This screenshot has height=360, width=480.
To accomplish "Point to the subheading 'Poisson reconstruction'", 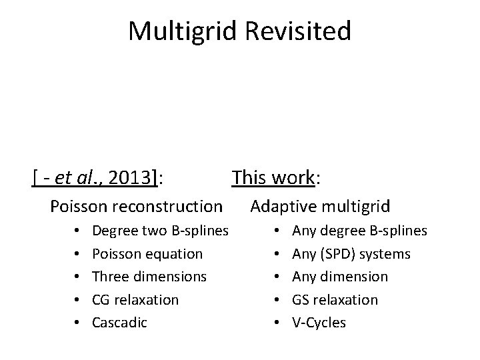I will (136, 207).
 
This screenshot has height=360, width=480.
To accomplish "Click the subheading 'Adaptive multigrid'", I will (321, 207).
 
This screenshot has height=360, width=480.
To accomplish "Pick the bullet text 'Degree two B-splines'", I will (161, 231).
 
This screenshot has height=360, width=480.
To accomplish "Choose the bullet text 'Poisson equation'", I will (147, 254).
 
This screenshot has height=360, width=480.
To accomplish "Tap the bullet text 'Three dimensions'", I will (149, 277).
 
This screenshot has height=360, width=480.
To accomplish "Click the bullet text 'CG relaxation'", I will (135, 300).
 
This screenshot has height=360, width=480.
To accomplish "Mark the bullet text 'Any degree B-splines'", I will (360, 231).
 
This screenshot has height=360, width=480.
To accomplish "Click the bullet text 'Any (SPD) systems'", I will (351, 254).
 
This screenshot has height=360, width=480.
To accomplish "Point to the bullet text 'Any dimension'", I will (340, 277).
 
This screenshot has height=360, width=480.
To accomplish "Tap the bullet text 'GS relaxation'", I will (335, 300).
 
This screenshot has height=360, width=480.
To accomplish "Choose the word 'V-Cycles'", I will (319, 323).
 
